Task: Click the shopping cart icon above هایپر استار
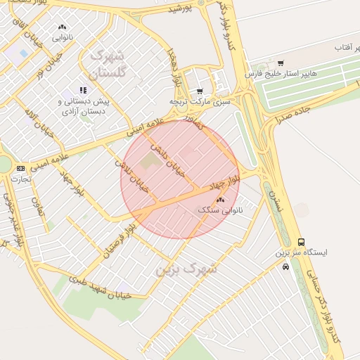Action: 281,63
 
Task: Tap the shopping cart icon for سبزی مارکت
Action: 200,91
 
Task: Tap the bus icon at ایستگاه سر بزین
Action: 301,242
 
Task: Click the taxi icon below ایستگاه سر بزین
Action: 285,266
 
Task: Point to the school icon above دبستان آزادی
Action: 84,90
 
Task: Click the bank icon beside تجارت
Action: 20,168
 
